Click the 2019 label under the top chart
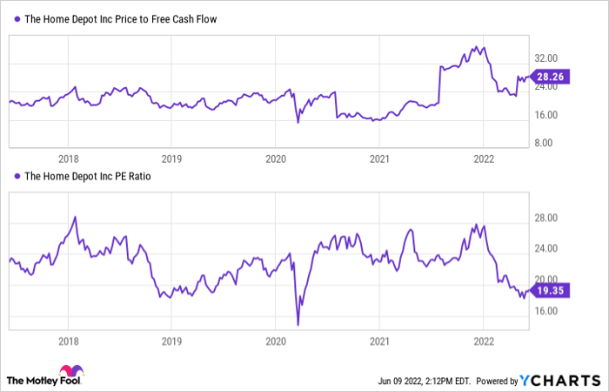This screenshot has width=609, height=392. (x=171, y=159)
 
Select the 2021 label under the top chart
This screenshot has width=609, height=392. (x=378, y=159)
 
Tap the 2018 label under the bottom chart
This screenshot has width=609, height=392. (x=68, y=342)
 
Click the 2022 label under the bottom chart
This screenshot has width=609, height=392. (x=483, y=342)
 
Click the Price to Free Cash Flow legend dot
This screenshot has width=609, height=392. (x=16, y=18)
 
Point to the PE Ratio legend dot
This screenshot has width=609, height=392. (x=16, y=176)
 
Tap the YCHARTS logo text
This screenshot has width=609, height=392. (x=561, y=380)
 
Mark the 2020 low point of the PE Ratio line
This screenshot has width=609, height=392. (x=298, y=325)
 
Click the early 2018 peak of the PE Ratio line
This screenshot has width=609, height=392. (x=75, y=217)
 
